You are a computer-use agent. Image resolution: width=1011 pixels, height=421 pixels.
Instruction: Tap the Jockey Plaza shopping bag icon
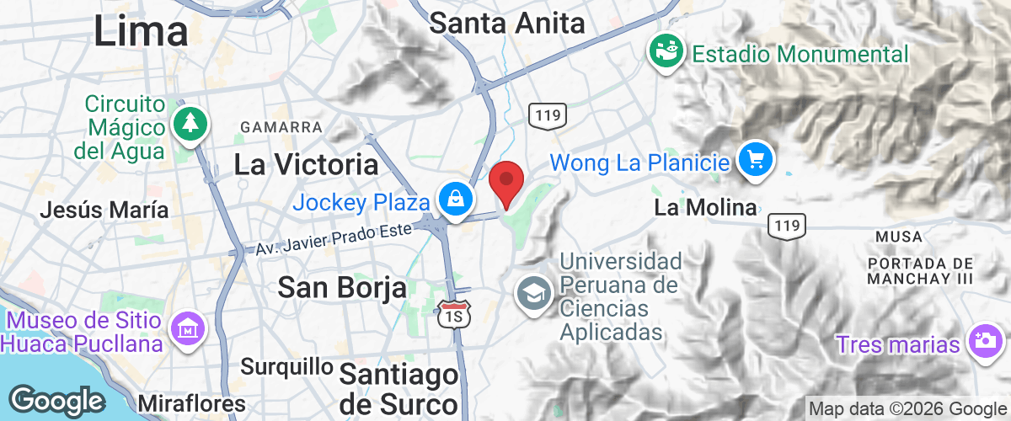tap(455, 200)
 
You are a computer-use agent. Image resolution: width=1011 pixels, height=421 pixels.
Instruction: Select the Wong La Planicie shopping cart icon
tap(755, 158)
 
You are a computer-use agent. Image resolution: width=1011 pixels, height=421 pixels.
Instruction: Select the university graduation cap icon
tap(534, 293)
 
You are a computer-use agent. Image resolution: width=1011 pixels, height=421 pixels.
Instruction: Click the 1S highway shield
tap(452, 314)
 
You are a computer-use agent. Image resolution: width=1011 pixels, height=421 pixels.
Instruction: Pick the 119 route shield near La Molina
tap(787, 225)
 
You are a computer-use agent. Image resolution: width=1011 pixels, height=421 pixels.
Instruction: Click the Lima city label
tap(141, 31)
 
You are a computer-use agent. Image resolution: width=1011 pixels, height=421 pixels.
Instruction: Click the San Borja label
tap(342, 288)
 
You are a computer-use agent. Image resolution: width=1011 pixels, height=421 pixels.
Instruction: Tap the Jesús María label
tap(104, 210)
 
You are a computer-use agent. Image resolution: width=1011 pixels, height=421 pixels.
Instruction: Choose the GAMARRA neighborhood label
tap(281, 126)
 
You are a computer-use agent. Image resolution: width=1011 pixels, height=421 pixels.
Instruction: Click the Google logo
tap(56, 400)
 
